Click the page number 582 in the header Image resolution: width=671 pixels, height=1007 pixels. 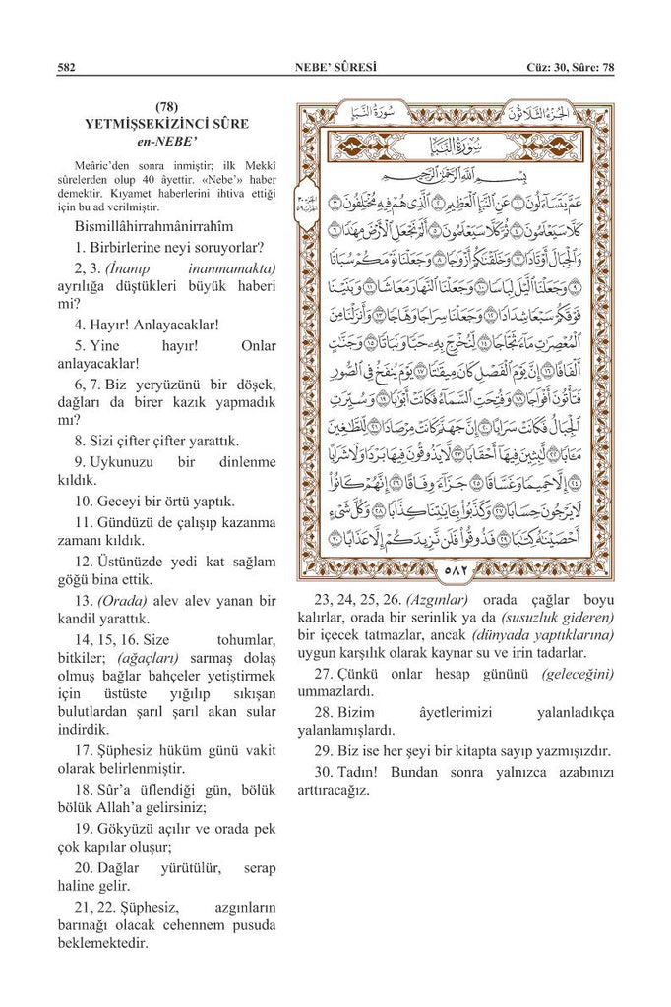click(66, 67)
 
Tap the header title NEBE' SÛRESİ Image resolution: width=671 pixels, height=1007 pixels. click(335, 67)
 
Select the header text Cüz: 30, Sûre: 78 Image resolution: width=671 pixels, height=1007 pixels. click(570, 67)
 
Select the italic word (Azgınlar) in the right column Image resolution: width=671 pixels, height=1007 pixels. click(437, 599)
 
